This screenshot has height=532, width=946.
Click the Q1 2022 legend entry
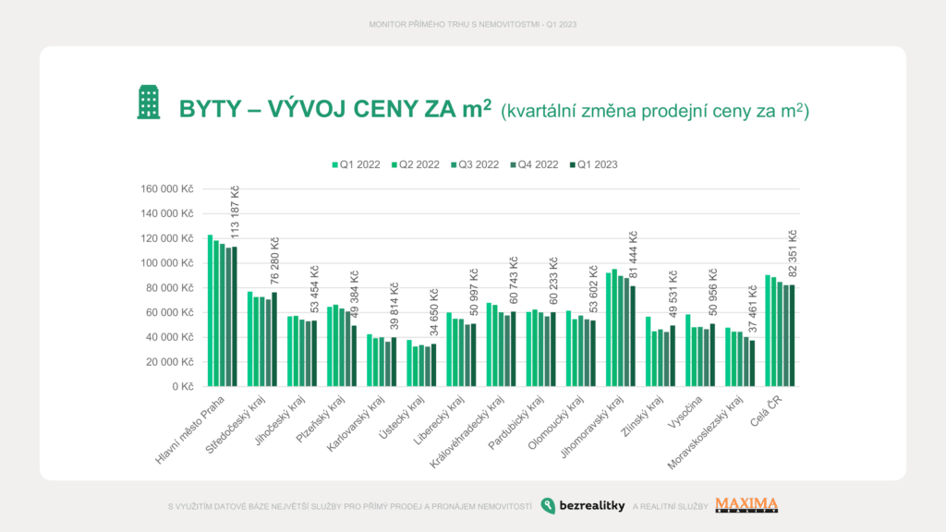tap(357, 164)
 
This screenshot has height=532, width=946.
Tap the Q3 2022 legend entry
tap(475, 164)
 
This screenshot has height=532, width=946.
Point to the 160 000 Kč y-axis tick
tap(168, 188)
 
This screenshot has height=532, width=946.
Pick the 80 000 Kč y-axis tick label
tap(171, 287)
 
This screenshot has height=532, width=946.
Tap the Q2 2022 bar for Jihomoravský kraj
tap(614, 327)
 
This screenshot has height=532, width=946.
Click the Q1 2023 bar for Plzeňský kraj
tap(354, 356)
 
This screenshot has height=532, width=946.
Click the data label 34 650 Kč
tap(434, 314)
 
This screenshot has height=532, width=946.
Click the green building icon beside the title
tap(149, 103)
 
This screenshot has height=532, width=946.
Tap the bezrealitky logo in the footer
tap(583, 505)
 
